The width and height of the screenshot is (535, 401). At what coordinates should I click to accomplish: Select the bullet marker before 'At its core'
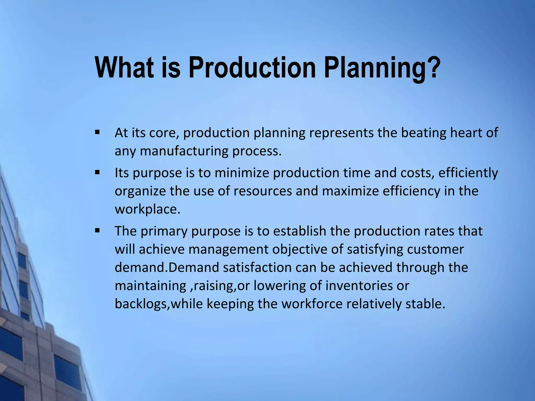tap(97, 132)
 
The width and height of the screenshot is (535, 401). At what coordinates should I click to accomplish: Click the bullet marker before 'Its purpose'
tap(97, 172)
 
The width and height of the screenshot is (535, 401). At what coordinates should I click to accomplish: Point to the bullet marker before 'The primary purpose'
tap(97, 231)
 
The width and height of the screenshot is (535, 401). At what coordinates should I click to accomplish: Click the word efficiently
tap(468, 173)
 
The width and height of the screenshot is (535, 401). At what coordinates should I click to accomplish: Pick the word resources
tap(263, 191)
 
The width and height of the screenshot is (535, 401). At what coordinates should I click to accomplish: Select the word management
tap(228, 250)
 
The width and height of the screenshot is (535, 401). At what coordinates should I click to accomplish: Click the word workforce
tap(312, 304)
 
